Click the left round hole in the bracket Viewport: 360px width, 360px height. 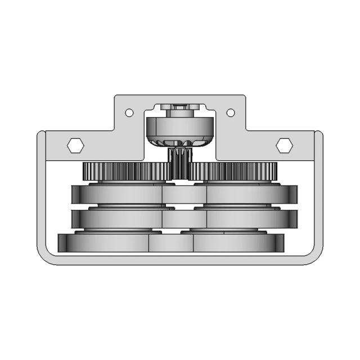[x=129, y=112]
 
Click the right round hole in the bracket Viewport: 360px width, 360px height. [x=231, y=112]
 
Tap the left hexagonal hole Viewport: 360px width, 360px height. [x=75, y=145]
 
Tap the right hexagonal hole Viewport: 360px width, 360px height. [x=284, y=145]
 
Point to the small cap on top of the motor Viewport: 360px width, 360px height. [x=179, y=107]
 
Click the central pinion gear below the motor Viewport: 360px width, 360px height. [x=180, y=163]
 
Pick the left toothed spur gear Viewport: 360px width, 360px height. [x=125, y=171]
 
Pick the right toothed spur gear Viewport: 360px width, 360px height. [x=235, y=171]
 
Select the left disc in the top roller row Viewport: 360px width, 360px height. [x=118, y=195]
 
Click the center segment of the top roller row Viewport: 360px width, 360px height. [x=184, y=195]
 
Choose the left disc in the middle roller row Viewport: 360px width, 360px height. [x=118, y=218]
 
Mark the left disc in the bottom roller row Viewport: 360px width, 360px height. [x=104, y=242]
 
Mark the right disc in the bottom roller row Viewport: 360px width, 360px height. [x=236, y=242]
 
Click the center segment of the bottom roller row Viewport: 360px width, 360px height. [x=171, y=242]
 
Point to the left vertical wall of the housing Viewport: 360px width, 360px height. [x=41, y=191]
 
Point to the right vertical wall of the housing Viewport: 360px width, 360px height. [x=319, y=191]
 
